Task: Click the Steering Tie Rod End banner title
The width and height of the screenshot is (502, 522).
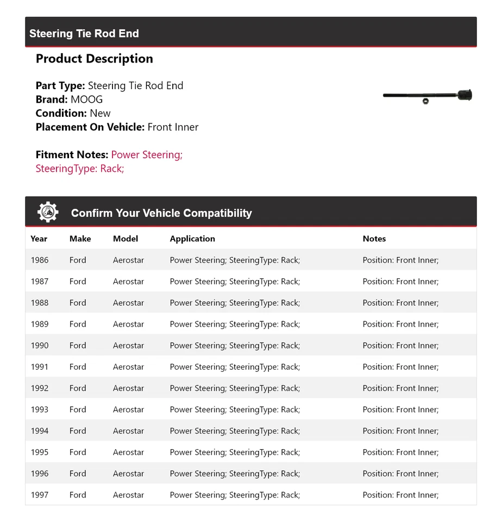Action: [84, 34]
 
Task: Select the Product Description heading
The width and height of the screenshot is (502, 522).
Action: [95, 59]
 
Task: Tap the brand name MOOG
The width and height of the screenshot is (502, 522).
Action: [86, 100]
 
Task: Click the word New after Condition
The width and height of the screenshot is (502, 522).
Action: [100, 113]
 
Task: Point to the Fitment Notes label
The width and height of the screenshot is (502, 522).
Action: [72, 155]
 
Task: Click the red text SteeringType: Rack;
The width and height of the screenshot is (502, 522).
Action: [80, 169]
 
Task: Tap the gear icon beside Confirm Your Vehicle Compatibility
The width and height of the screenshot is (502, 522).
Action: [48, 212]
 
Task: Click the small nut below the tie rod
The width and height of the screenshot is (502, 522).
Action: [425, 102]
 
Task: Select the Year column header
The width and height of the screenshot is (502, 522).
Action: [39, 239]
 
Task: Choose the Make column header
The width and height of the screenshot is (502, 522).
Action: [80, 239]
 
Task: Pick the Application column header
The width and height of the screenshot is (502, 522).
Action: [192, 239]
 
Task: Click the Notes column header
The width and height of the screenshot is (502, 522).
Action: [374, 239]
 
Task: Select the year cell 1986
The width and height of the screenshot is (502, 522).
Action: [40, 260]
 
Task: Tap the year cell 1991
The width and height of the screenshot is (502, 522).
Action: [40, 367]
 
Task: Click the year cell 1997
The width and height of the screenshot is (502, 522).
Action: [40, 495]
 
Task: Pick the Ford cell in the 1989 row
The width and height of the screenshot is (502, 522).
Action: [78, 324]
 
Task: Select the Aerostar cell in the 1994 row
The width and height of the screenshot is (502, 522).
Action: [129, 431]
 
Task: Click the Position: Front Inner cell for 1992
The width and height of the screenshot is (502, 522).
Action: [400, 388]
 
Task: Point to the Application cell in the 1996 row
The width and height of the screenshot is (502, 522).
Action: [235, 474]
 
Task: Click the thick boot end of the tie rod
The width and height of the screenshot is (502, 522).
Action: [465, 96]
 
